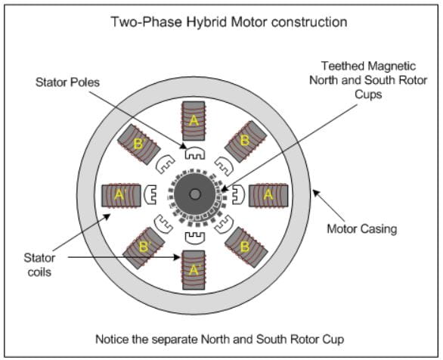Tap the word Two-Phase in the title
pos(147,22)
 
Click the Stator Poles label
pos(67,82)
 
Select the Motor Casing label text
pos(362,229)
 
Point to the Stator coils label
pos(39,265)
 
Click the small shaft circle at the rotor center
pos(195,194)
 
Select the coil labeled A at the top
pos(194,121)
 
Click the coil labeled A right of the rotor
pos(268,195)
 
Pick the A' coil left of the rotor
pos(121,196)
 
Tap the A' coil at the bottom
pos(194,270)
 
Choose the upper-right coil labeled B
pos(246,141)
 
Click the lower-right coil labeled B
pos(246,247)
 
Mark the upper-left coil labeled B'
pos(139,144)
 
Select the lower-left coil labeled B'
pos(144,248)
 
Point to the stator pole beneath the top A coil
pos(194,153)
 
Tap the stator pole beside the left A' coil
pos(150,194)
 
